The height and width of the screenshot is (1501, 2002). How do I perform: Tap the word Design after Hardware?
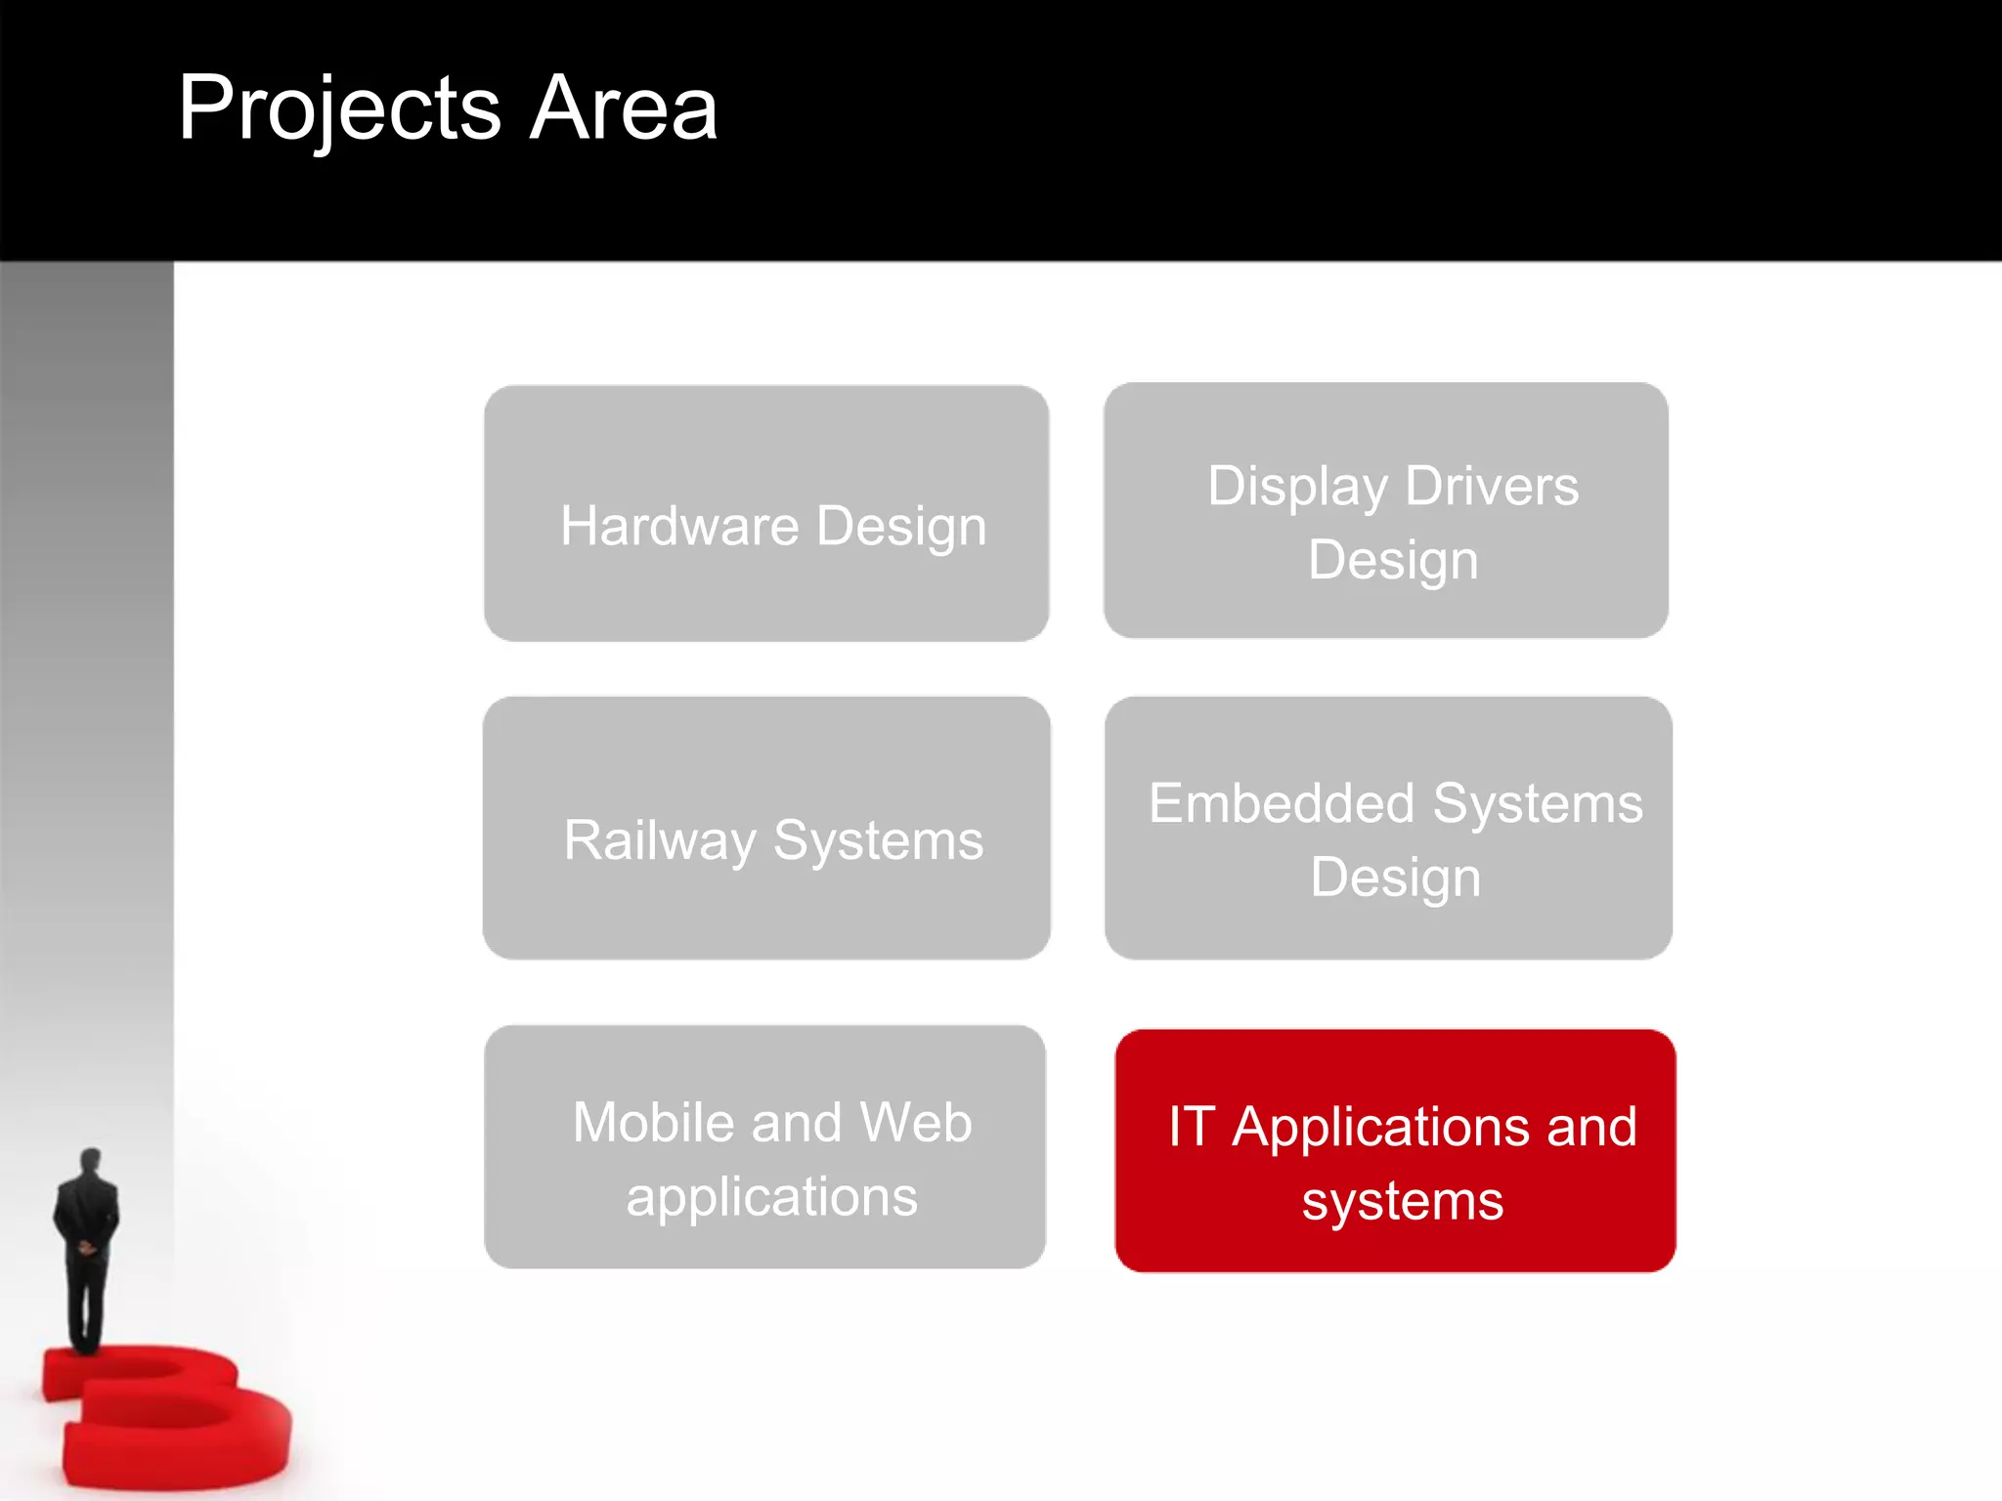(901, 528)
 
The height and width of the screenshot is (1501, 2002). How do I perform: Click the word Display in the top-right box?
(1297, 487)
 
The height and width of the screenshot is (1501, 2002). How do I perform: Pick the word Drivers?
(1492, 486)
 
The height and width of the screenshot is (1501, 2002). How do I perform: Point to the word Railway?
(660, 841)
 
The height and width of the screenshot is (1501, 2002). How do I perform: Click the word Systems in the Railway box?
(878, 840)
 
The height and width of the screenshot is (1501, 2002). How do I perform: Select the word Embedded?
(1282, 803)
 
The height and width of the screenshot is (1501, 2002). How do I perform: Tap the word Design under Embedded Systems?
(1395, 878)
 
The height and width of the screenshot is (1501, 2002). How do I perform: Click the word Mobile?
(653, 1122)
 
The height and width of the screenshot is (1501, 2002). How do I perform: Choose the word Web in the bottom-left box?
(916, 1122)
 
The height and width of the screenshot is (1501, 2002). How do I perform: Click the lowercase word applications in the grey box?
(771, 1198)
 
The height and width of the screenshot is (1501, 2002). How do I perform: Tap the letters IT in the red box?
(1192, 1127)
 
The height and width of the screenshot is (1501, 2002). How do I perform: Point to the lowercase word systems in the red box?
(1402, 1202)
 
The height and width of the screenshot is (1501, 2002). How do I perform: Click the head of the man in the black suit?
(90, 1162)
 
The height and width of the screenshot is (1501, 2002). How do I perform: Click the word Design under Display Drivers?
(1393, 561)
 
